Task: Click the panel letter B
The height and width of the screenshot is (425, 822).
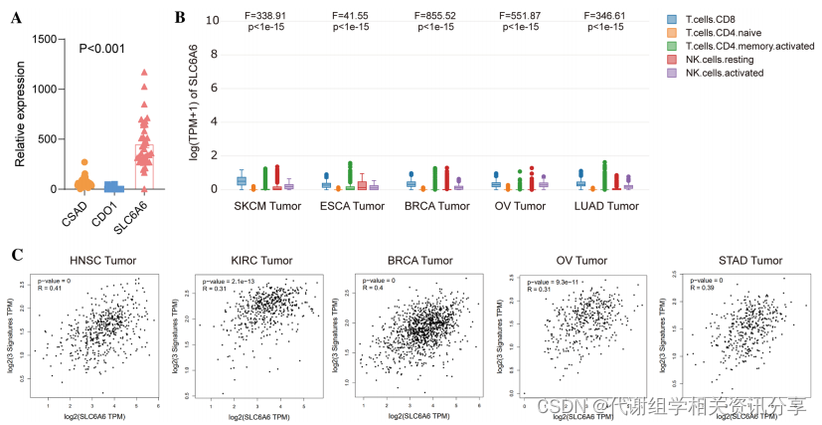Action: (180, 17)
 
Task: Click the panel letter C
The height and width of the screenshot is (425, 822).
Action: (16, 254)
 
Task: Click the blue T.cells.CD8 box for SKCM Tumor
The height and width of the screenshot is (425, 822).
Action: (242, 180)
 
